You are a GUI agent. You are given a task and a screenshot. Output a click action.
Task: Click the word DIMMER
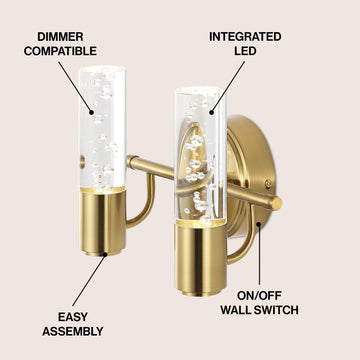coord(60,37)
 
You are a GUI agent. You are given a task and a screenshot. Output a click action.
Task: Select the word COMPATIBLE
coord(60,51)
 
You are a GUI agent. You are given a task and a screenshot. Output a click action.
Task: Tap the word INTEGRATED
coord(245,37)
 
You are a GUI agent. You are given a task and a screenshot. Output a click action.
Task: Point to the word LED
coord(245,51)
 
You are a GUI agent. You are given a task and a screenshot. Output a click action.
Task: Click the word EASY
coord(73,317)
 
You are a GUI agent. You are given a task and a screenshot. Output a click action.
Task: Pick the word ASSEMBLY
coord(73,331)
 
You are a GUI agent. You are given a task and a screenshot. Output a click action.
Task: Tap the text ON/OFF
coord(259,295)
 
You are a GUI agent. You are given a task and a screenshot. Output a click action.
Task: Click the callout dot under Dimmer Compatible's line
coord(92,112)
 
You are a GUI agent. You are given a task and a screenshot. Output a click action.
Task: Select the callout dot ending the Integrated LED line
coord(212,112)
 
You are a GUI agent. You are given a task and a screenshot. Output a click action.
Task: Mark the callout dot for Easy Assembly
coord(105,255)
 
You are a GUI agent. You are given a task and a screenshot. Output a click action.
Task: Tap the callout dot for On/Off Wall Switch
coord(258,224)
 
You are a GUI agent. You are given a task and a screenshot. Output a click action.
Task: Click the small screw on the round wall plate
coord(267,183)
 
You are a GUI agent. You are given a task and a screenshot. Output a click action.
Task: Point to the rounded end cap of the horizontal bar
coord(276,203)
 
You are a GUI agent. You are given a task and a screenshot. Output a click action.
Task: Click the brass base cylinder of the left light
coord(103,222)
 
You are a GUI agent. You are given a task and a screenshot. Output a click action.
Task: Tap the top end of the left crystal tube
coord(102,70)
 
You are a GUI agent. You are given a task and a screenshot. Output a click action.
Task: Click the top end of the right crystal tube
coord(198,90)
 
